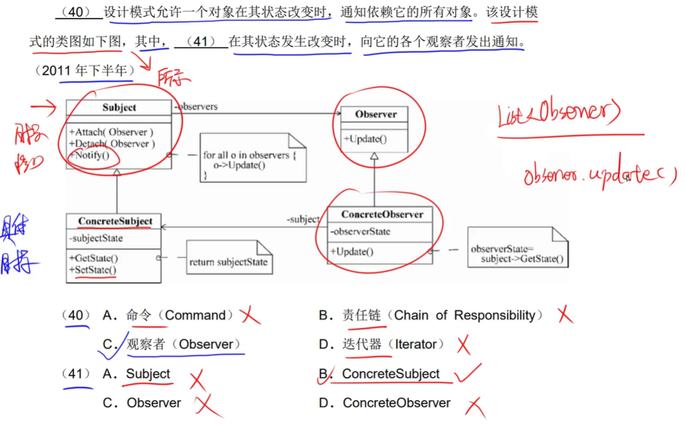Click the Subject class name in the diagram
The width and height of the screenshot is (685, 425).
tap(119, 108)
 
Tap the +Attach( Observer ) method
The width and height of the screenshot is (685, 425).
tap(111, 132)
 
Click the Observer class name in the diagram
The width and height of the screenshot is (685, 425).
tap(376, 114)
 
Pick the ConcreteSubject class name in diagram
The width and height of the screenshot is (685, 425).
tap(115, 222)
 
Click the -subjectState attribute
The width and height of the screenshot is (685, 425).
tap(97, 238)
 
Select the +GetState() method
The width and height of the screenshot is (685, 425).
tap(94, 258)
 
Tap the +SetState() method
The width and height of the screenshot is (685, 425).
tap(93, 270)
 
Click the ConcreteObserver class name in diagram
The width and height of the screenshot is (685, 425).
tap(382, 215)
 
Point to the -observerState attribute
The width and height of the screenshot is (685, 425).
tap(361, 231)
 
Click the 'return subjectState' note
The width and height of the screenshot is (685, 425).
tap(228, 262)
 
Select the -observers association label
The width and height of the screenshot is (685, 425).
tap(196, 107)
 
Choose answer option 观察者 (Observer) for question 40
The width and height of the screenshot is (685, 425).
tap(183, 344)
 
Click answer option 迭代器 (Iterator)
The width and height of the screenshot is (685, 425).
tap(393, 344)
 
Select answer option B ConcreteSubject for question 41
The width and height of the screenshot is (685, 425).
tap(390, 374)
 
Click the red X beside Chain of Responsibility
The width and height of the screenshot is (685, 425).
tap(565, 315)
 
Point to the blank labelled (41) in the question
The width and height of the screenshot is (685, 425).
tap(201, 42)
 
